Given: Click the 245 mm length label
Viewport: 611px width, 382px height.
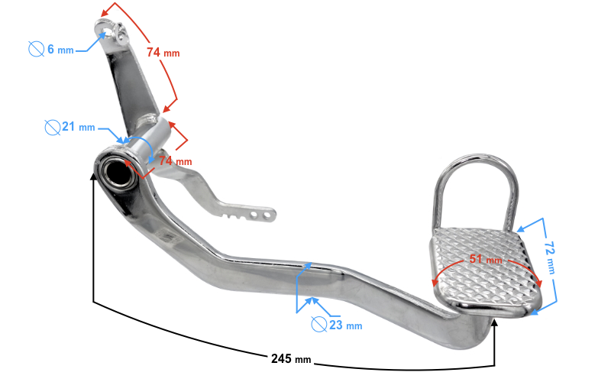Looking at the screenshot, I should coord(291,358).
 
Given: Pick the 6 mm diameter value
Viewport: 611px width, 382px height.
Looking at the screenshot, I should coord(60,49).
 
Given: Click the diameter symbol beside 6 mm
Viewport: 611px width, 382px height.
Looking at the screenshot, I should coord(36,49).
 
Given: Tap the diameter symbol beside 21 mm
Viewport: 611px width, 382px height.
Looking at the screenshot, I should coord(52,127).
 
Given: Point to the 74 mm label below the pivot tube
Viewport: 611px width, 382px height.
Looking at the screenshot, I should coord(175,161).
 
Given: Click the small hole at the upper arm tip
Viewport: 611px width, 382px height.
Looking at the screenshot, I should coord(106,28).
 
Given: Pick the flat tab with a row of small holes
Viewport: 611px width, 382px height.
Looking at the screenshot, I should coord(247,211).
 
